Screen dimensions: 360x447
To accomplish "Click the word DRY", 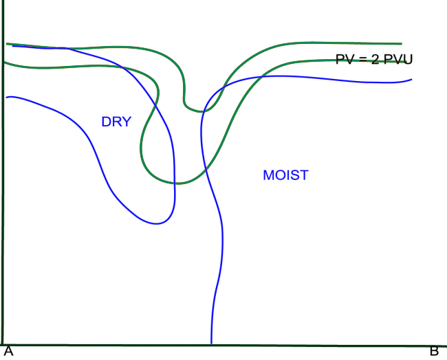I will pos(116,122).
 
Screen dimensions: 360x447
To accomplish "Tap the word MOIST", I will pos(285,175).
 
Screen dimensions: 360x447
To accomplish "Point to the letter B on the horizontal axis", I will pos(434,351).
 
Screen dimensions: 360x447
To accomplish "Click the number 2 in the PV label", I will pos(375,60).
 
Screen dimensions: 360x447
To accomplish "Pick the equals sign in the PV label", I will pos(362,60).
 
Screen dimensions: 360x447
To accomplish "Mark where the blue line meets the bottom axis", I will pos(211,343).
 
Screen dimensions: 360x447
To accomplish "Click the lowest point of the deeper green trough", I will pos(176,183).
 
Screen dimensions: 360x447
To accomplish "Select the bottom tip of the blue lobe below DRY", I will pos(160,223).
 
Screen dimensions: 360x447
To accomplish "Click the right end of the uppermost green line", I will pos(402,43).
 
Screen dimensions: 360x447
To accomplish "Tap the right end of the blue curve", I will pos(411,79).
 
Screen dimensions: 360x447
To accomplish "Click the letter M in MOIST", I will pos(268,175).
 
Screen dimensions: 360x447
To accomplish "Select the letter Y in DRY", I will pos(126,122).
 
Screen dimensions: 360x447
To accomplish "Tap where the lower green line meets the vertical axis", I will pos(4,63).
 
